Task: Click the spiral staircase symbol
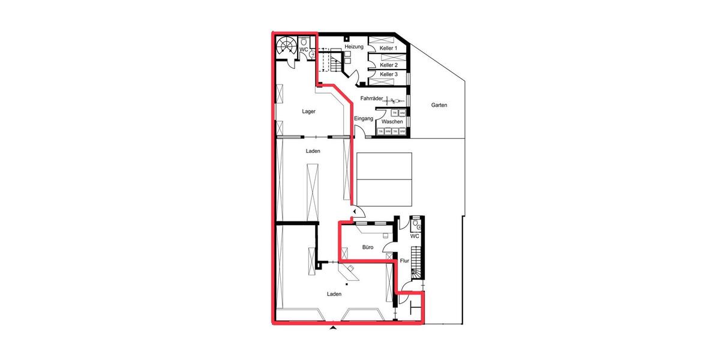pyautogui.click(x=286, y=47)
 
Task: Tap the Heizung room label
pyautogui.click(x=355, y=47)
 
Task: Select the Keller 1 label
pyautogui.click(x=389, y=47)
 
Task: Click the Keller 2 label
pyautogui.click(x=389, y=65)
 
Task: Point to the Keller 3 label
pyautogui.click(x=389, y=74)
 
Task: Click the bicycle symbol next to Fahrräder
pyautogui.click(x=395, y=101)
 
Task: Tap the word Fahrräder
pyautogui.click(x=372, y=98)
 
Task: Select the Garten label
pyautogui.click(x=439, y=105)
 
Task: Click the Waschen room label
pyautogui.click(x=392, y=121)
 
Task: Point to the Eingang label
pyautogui.click(x=364, y=118)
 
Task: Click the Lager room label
pyautogui.click(x=308, y=111)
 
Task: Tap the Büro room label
pyautogui.click(x=368, y=247)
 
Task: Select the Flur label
pyautogui.click(x=404, y=260)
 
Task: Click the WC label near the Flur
pyautogui.click(x=415, y=236)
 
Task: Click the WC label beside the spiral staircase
pyautogui.click(x=304, y=49)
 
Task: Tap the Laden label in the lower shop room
pyautogui.click(x=334, y=294)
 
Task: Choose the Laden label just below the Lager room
pyautogui.click(x=313, y=151)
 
